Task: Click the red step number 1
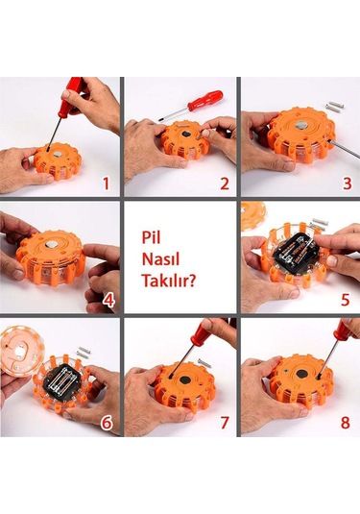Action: coord(106,184)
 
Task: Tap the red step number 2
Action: coord(225,184)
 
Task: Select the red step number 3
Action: coord(348,184)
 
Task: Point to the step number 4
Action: coord(109,300)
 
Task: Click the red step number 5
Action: coord(346,300)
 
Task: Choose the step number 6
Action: coord(107,423)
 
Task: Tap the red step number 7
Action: coord(225,423)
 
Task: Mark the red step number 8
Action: coord(346,423)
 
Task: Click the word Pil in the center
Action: coord(151,238)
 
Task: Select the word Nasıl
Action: coord(160,259)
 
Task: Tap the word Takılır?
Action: coord(169,281)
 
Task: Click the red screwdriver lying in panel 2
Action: coord(191,106)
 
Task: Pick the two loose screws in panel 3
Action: coord(334,107)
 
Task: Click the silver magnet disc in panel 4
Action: coord(51,243)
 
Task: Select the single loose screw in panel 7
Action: coord(204,363)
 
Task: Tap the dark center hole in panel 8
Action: coord(301,375)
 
